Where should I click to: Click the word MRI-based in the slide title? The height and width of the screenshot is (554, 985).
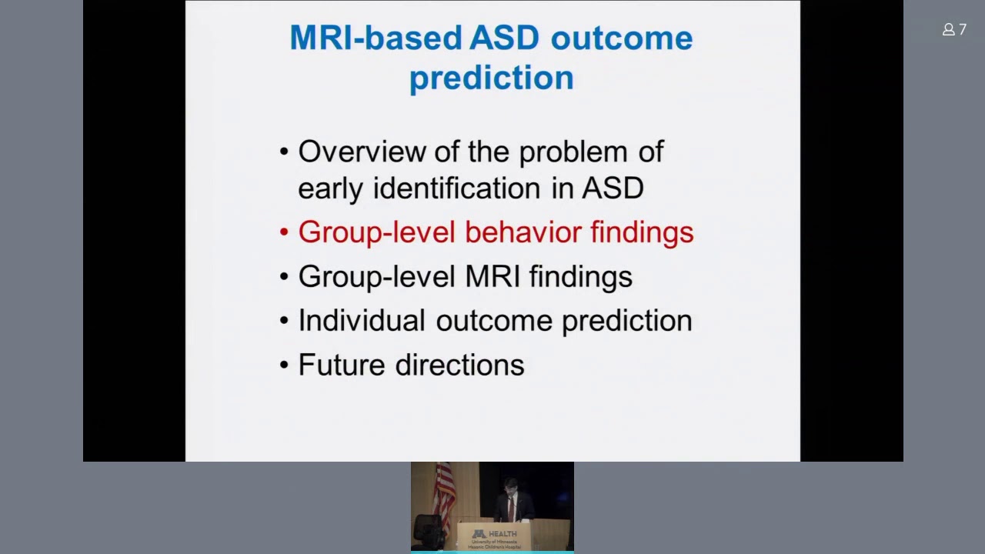(376, 38)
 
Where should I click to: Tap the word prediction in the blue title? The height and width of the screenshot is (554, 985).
(491, 78)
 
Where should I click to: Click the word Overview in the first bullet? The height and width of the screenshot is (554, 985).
(361, 152)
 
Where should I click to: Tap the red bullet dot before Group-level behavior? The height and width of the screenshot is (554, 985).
(284, 232)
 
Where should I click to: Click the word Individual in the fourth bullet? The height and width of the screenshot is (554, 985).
(361, 321)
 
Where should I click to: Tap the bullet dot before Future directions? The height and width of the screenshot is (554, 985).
(284, 365)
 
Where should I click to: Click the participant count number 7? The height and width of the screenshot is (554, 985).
(963, 29)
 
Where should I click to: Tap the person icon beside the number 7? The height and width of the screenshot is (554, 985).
(948, 29)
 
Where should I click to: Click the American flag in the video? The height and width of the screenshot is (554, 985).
(444, 492)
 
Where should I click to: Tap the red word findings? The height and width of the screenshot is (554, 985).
(642, 232)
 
